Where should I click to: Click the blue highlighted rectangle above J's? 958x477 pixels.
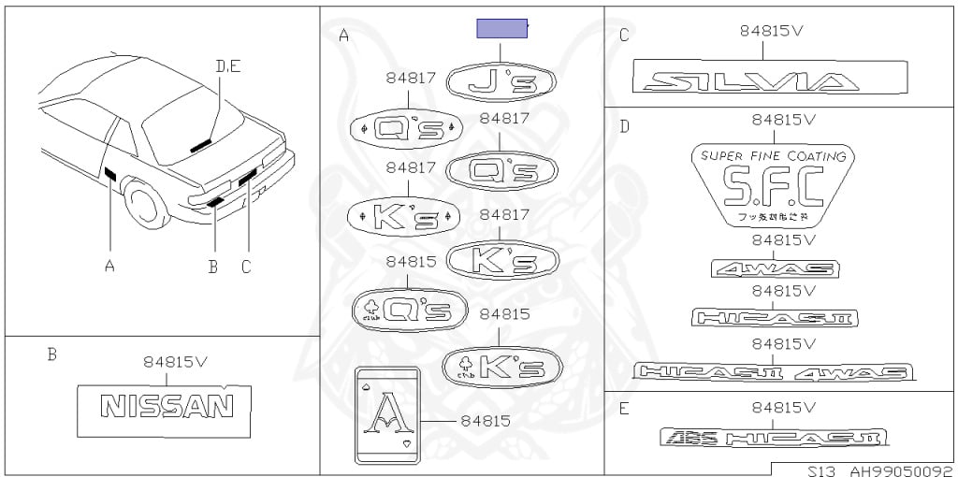(x=503, y=28)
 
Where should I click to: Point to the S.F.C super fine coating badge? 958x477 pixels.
(x=773, y=184)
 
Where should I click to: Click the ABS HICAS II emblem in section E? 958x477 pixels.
(x=772, y=437)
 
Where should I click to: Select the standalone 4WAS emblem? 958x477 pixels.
(x=774, y=269)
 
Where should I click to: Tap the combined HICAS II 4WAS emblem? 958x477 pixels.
(x=773, y=371)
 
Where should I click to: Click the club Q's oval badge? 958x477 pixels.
(x=408, y=310)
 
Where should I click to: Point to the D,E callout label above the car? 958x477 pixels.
(x=227, y=65)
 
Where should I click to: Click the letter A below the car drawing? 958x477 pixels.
(x=109, y=267)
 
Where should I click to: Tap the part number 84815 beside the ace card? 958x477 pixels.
(x=486, y=421)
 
